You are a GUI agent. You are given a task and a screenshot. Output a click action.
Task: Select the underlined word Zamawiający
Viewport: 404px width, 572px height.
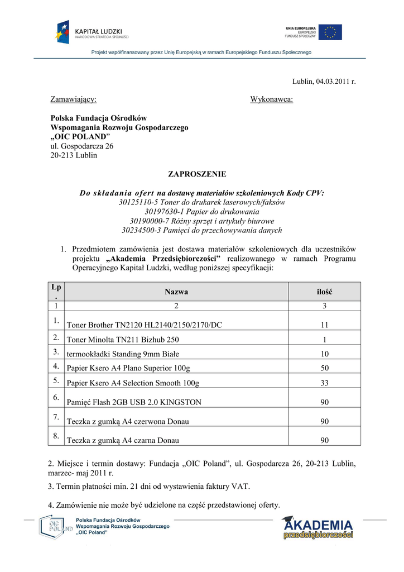click(x=73, y=99)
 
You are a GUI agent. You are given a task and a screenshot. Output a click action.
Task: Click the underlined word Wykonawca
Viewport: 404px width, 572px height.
click(x=271, y=99)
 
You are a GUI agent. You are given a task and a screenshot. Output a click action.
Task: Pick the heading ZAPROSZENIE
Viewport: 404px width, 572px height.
click(x=198, y=174)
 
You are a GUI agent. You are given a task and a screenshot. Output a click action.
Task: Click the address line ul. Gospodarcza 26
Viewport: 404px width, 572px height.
click(x=82, y=146)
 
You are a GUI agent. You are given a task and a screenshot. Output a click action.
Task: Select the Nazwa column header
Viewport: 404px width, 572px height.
click(x=176, y=292)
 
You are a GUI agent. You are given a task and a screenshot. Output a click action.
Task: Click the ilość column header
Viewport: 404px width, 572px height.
click(x=324, y=292)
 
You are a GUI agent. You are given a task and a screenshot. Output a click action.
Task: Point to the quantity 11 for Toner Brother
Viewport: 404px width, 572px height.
click(x=324, y=325)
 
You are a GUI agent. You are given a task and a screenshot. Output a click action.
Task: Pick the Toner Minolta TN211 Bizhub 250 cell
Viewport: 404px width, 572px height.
click(x=123, y=339)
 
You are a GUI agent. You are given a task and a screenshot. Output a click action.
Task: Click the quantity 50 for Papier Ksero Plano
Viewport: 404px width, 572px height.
click(x=324, y=368)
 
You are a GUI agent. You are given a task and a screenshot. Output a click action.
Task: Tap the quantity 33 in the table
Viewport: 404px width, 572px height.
click(x=324, y=383)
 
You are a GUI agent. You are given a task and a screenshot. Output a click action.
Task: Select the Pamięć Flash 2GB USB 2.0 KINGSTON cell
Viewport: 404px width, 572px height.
click(x=134, y=402)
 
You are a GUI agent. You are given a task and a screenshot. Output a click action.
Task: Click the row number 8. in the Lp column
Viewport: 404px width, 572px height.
click(x=56, y=436)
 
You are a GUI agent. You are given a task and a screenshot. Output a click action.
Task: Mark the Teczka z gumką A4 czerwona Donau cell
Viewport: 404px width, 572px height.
click(x=128, y=422)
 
